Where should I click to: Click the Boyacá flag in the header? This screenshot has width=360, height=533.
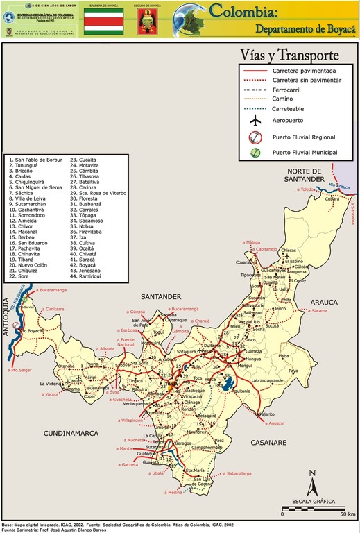pos(103,23)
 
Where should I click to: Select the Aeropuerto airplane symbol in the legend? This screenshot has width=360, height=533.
pos(256,120)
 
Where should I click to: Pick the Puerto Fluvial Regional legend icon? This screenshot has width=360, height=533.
pos(256,136)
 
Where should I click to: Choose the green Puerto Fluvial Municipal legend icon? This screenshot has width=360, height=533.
pos(256,152)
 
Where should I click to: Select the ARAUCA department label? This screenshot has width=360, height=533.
pos(323,302)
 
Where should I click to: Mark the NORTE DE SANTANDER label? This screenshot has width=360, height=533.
pos(305,175)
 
